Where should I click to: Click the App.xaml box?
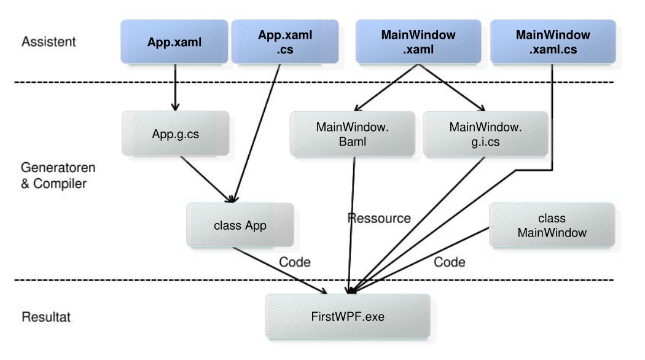(174, 42)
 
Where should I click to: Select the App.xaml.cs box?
(284, 42)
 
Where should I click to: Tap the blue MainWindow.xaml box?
(418, 42)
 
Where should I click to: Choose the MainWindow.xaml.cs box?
(553, 42)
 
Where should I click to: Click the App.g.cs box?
(175, 133)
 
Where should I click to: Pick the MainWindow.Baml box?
(353, 133)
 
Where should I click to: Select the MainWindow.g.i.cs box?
(485, 133)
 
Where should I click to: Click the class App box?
(240, 225)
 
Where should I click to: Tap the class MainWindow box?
(552, 225)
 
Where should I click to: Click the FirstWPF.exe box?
(347, 316)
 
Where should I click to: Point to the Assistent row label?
(49, 42)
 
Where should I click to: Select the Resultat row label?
(46, 317)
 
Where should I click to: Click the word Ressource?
(378, 218)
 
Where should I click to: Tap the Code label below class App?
(295, 262)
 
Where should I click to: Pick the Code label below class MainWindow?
(450, 262)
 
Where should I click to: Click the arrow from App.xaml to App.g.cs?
(176, 86)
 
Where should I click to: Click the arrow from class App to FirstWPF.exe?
(279, 270)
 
